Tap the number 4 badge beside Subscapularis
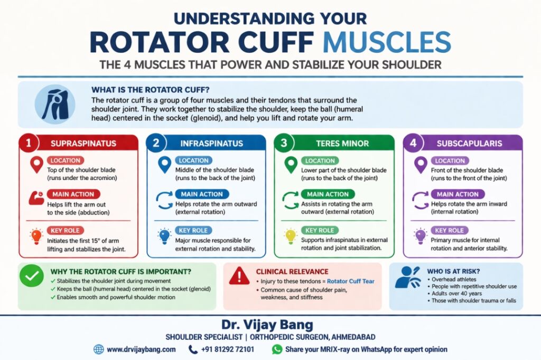click(x=414, y=144)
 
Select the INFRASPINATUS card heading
click(x=213, y=144)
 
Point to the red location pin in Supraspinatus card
click(x=36, y=165)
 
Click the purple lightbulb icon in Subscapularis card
click(x=421, y=235)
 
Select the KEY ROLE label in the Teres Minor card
click(x=319, y=230)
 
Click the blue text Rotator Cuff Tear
click(x=350, y=281)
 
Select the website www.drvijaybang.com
click(x=141, y=349)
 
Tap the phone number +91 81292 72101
click(x=228, y=349)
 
